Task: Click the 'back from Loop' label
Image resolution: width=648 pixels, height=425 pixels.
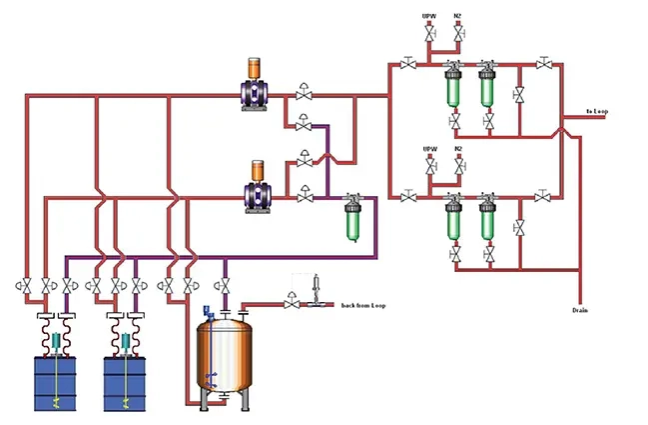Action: coord(363,305)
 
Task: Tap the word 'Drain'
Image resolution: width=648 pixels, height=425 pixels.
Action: coord(580,311)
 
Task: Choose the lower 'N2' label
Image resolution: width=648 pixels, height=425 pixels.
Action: coord(458,149)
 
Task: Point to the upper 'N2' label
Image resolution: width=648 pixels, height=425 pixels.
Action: coord(458,16)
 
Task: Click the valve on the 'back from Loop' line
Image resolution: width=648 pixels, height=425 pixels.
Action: coord(291,300)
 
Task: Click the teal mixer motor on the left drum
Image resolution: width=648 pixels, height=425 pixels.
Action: coord(57,341)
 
